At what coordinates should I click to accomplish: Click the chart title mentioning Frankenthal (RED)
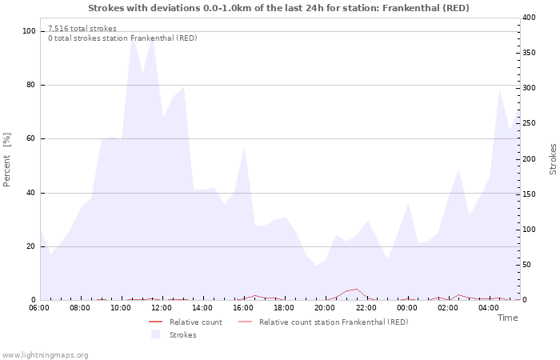[x=278, y=8]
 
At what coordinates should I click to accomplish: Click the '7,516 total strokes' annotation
[x=82, y=29]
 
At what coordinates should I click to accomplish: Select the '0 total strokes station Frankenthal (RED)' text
[x=122, y=38]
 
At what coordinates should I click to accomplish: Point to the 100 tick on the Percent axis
[x=29, y=31]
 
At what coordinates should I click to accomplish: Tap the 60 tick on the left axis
[x=31, y=138]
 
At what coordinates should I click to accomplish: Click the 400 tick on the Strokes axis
[x=529, y=18]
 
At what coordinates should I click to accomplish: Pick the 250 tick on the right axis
[x=529, y=124]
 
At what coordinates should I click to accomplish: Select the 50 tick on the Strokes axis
[x=526, y=265]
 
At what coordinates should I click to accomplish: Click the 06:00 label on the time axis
[x=39, y=308]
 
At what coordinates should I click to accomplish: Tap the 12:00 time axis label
[x=162, y=308]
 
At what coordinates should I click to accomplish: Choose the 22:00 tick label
[x=366, y=308]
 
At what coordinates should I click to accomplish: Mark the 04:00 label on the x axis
[x=489, y=308]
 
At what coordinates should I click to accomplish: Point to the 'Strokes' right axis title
[x=553, y=159]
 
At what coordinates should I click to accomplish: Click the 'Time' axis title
[x=507, y=318]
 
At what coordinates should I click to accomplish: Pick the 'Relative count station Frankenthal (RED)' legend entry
[x=333, y=322]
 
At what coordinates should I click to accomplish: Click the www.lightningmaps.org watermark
[x=45, y=354]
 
